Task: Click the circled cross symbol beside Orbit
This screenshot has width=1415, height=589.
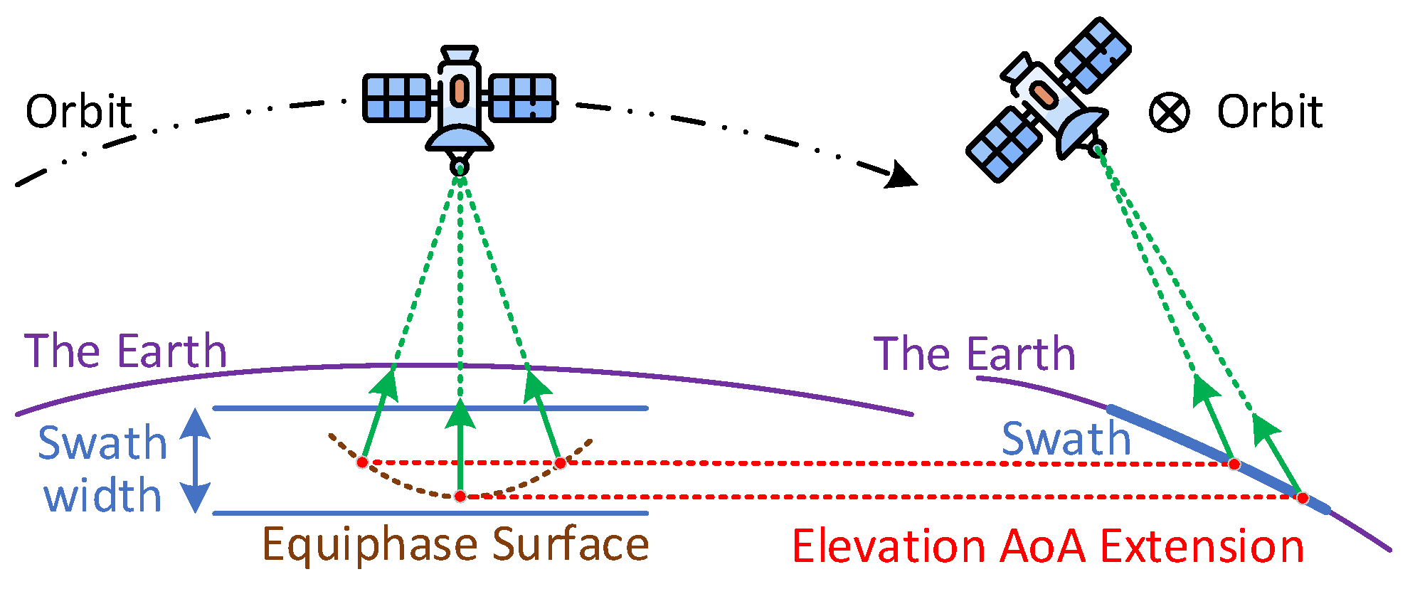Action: pyautogui.click(x=1169, y=112)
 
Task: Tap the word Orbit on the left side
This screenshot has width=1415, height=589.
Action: pyautogui.click(x=79, y=112)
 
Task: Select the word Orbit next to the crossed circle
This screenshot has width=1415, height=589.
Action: pyautogui.click(x=1269, y=112)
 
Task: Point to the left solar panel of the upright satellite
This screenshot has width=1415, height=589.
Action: pyautogui.click(x=397, y=97)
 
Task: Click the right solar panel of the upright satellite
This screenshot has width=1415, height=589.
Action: pyautogui.click(x=522, y=97)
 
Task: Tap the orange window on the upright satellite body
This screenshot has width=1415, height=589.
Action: pyautogui.click(x=460, y=91)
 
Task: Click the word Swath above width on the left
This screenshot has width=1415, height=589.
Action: pyautogui.click(x=102, y=443)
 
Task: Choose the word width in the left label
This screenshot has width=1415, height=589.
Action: pyautogui.click(x=102, y=496)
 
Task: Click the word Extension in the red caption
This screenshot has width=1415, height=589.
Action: pyautogui.click(x=1202, y=547)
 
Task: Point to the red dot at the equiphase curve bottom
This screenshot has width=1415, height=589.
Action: pyautogui.click(x=460, y=496)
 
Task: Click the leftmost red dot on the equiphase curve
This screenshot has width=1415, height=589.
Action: pyautogui.click(x=362, y=462)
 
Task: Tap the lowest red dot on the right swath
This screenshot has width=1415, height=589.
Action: pyautogui.click(x=1302, y=498)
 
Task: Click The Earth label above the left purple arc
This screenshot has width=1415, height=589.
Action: pyautogui.click(x=125, y=351)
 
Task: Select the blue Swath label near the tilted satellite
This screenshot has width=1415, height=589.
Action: pyautogui.click(x=1066, y=439)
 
